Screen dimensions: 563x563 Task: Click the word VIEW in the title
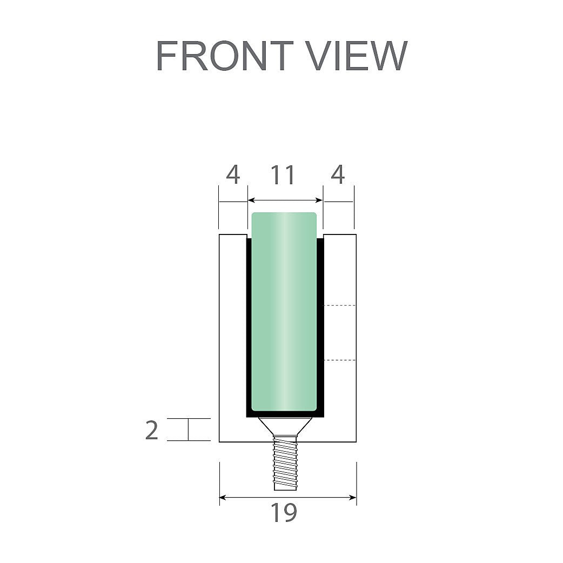click(x=358, y=56)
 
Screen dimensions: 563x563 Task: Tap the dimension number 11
click(x=283, y=175)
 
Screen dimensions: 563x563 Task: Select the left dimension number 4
click(x=233, y=175)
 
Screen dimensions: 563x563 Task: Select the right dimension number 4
click(x=338, y=175)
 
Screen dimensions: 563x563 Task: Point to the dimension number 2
click(x=151, y=430)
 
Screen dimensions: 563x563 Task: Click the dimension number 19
click(x=284, y=513)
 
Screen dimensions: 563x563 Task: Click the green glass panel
click(x=284, y=311)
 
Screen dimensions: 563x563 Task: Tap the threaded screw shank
click(x=285, y=463)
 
